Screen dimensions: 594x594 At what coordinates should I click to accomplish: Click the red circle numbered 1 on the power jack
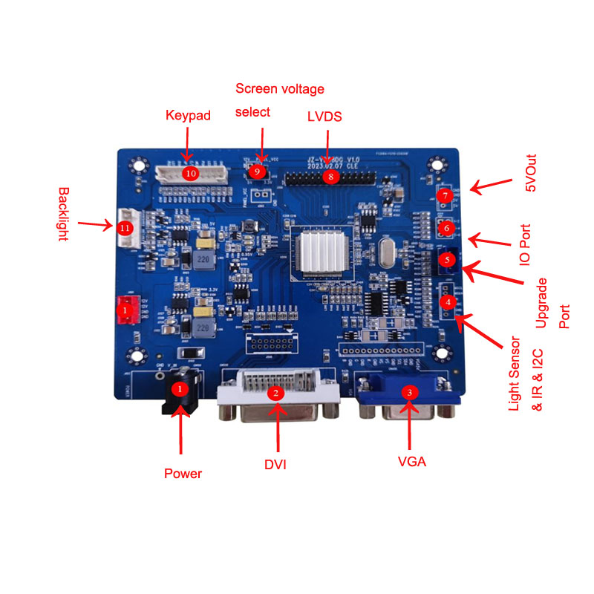click(x=177, y=388)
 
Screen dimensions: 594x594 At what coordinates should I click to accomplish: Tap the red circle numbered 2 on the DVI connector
click(x=276, y=392)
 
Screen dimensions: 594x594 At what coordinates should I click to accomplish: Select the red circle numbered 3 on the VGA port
click(x=409, y=391)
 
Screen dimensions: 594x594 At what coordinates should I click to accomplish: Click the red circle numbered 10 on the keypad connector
click(x=191, y=173)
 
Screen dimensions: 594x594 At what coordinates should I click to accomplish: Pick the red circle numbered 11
click(x=125, y=229)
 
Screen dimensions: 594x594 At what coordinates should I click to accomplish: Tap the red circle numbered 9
click(x=257, y=171)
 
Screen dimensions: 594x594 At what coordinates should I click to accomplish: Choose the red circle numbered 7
click(x=445, y=196)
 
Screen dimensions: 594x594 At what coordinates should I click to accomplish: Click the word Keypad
click(x=188, y=116)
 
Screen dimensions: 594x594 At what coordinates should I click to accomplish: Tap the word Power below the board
click(x=183, y=473)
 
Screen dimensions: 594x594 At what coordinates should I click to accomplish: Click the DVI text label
click(x=275, y=465)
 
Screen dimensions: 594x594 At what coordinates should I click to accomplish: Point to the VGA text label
click(x=412, y=461)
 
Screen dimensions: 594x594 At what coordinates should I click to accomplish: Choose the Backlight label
click(x=63, y=214)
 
